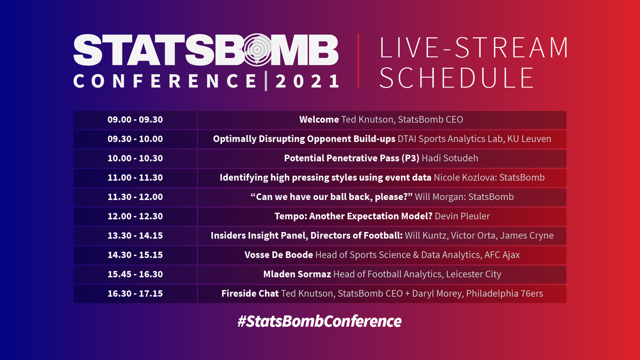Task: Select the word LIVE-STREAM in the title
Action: click(474, 47)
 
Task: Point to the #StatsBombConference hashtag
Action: click(319, 321)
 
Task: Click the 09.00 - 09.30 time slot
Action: click(135, 119)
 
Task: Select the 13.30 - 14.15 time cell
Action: click(135, 235)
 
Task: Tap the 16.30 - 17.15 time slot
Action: click(135, 293)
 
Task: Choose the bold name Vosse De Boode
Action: click(279, 255)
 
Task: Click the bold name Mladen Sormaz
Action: click(297, 274)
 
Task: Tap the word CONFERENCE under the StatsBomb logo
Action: click(165, 81)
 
